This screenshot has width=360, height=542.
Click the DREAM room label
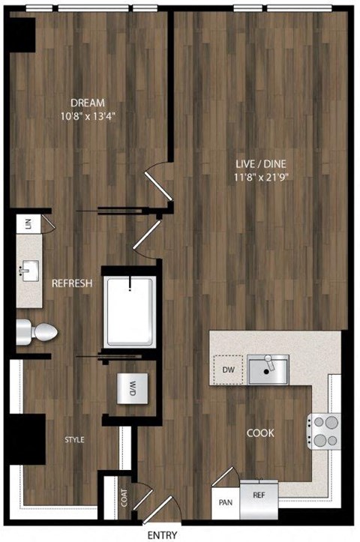coord(88,103)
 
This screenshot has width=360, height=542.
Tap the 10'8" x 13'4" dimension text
coord(88,116)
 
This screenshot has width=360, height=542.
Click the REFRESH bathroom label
coord(72,284)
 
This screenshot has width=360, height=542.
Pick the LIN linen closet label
coord(27,226)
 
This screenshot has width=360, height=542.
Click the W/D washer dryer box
coord(133,388)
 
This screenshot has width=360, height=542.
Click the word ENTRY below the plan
coord(163,535)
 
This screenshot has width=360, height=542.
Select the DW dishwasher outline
coord(229,369)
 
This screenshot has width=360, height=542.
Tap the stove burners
coord(325,431)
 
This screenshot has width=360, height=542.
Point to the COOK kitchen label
coord(260,433)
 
